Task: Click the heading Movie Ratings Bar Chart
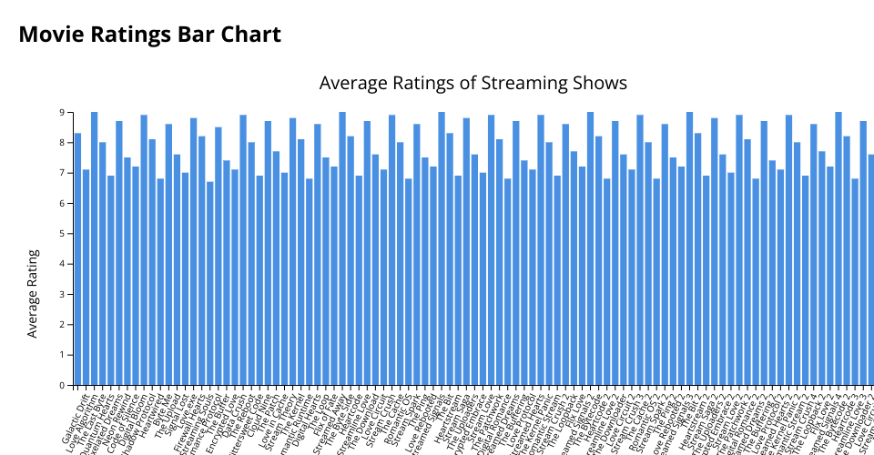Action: click(x=149, y=35)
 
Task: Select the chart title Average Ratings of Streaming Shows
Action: click(x=473, y=83)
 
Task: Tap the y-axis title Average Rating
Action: click(x=33, y=293)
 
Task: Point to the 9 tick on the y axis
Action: click(x=63, y=112)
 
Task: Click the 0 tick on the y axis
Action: click(x=63, y=385)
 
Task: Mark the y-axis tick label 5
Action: click(x=63, y=233)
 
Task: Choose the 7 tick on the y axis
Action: click(x=63, y=173)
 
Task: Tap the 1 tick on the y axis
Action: click(x=63, y=355)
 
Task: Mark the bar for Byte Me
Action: click(x=168, y=255)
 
